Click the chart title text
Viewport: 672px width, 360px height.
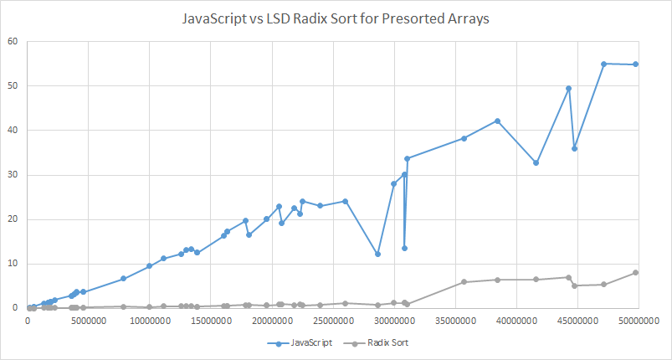click(x=336, y=18)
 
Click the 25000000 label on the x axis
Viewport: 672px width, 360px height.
click(x=332, y=321)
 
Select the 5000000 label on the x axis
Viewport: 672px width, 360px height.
click(x=89, y=321)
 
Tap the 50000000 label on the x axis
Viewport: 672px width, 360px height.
click(x=636, y=321)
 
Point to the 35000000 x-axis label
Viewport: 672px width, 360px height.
click(x=454, y=321)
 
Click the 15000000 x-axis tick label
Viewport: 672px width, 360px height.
click(x=210, y=321)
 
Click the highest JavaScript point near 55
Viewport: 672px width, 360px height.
click(x=603, y=64)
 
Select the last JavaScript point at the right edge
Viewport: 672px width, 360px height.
click(x=636, y=64)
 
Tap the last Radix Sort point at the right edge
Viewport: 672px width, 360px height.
click(x=636, y=272)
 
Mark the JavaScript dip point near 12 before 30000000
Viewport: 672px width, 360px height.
click(x=377, y=254)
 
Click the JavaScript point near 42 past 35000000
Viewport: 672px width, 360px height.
click(x=497, y=121)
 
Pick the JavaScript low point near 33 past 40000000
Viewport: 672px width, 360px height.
click(x=536, y=162)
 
